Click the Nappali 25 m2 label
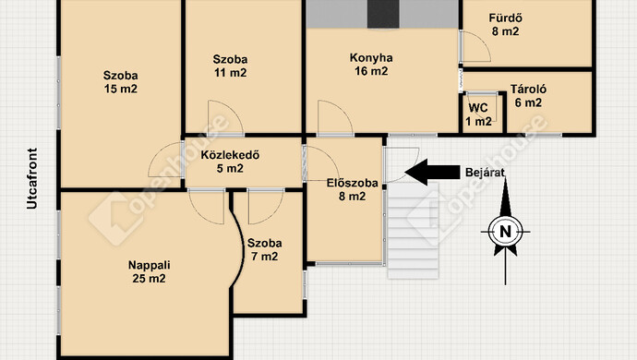[147, 271]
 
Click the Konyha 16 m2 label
[371, 65]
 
